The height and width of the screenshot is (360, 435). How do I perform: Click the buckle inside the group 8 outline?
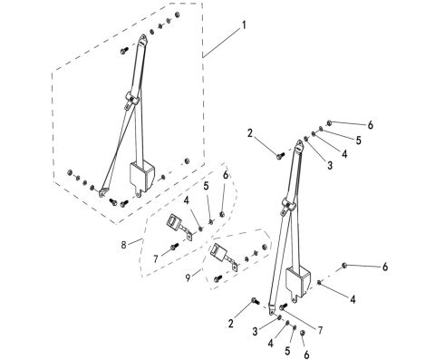tap(178, 222)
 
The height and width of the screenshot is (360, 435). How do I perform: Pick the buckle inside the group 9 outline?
tap(219, 253)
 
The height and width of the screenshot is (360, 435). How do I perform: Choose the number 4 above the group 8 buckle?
tap(186, 199)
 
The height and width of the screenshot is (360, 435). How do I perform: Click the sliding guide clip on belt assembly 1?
tap(131, 96)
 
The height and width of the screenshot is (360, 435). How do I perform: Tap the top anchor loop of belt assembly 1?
tap(144, 42)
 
